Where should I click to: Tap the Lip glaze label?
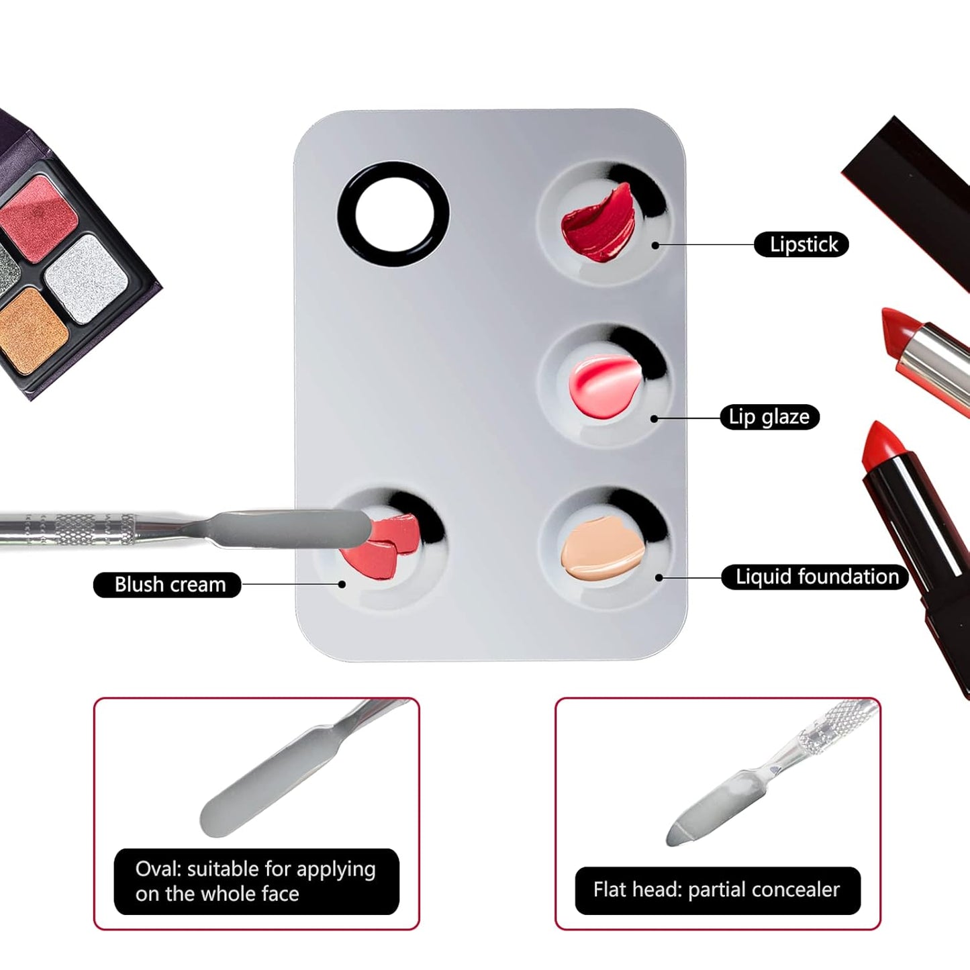pos(769,417)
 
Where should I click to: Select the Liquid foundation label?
pos(815,577)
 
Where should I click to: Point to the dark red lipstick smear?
pos(597,224)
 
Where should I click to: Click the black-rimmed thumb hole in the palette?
pos(393,214)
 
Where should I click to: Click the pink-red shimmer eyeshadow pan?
pos(40,216)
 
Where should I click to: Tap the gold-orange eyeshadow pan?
pos(30,329)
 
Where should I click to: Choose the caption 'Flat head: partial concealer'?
pos(717,890)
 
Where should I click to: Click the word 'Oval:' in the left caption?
pos(158,869)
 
